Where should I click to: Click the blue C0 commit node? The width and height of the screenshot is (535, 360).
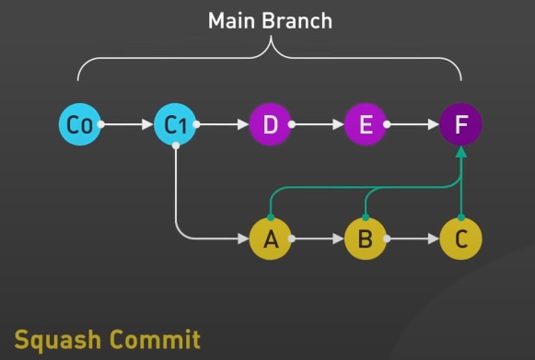point(80,124)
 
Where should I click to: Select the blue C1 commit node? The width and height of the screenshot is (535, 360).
point(175,124)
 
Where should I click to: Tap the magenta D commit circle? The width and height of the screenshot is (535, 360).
point(270,124)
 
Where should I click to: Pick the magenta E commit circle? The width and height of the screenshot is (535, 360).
point(366,124)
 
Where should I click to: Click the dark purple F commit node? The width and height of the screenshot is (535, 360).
point(461,124)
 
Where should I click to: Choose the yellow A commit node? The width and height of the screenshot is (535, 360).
point(270,238)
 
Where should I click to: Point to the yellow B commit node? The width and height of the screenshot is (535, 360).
point(366,238)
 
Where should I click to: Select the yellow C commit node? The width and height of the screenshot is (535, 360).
point(461,238)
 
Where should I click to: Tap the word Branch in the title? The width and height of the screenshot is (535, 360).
point(297,21)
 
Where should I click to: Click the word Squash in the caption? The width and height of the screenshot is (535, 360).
point(58,341)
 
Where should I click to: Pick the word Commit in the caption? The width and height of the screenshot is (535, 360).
point(155,339)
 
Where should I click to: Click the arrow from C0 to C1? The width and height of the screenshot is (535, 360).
point(125,124)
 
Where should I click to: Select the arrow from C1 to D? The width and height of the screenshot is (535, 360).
point(221,124)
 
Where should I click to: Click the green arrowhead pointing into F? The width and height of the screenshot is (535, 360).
point(461,152)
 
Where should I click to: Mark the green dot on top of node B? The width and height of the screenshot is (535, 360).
point(366,217)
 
